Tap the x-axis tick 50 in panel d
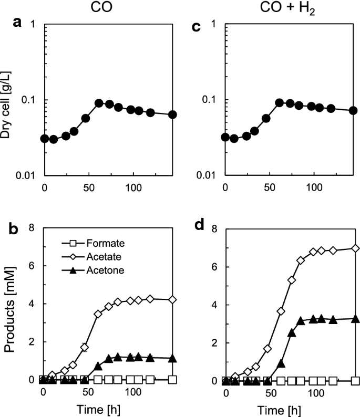pyautogui.click(x=270, y=393)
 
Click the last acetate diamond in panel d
pyautogui.click(x=355, y=248)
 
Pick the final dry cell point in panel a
pyautogui.click(x=172, y=114)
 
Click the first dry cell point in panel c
pyautogui.click(x=225, y=138)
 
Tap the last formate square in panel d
pyautogui.click(x=355, y=380)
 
